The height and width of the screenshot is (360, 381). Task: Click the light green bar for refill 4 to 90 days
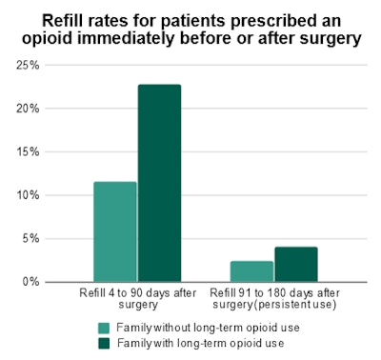[114, 231]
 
